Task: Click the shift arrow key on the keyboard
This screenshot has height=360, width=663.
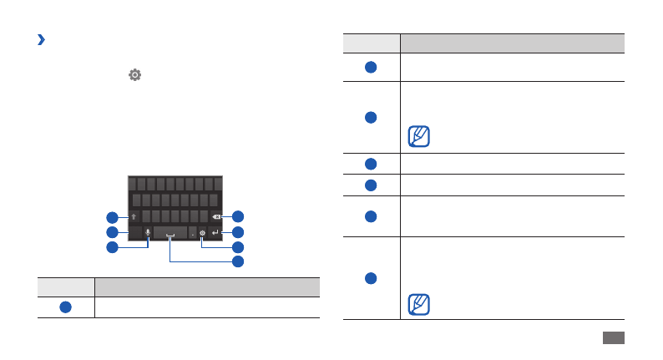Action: click(134, 215)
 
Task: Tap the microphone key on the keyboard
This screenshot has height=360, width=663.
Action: click(148, 233)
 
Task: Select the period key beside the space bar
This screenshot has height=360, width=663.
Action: click(192, 233)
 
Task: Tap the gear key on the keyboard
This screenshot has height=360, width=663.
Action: click(202, 233)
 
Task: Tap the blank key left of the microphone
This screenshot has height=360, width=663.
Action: click(134, 233)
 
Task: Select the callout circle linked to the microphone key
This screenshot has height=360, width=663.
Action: click(112, 248)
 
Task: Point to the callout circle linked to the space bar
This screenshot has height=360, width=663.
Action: click(237, 262)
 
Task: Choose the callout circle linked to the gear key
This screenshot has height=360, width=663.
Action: click(237, 247)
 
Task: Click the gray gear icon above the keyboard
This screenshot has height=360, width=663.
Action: click(134, 75)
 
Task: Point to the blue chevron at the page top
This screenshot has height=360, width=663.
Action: click(40, 39)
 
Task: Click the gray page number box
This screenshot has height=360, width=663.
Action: click(612, 337)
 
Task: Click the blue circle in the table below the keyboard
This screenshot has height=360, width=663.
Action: click(64, 307)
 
